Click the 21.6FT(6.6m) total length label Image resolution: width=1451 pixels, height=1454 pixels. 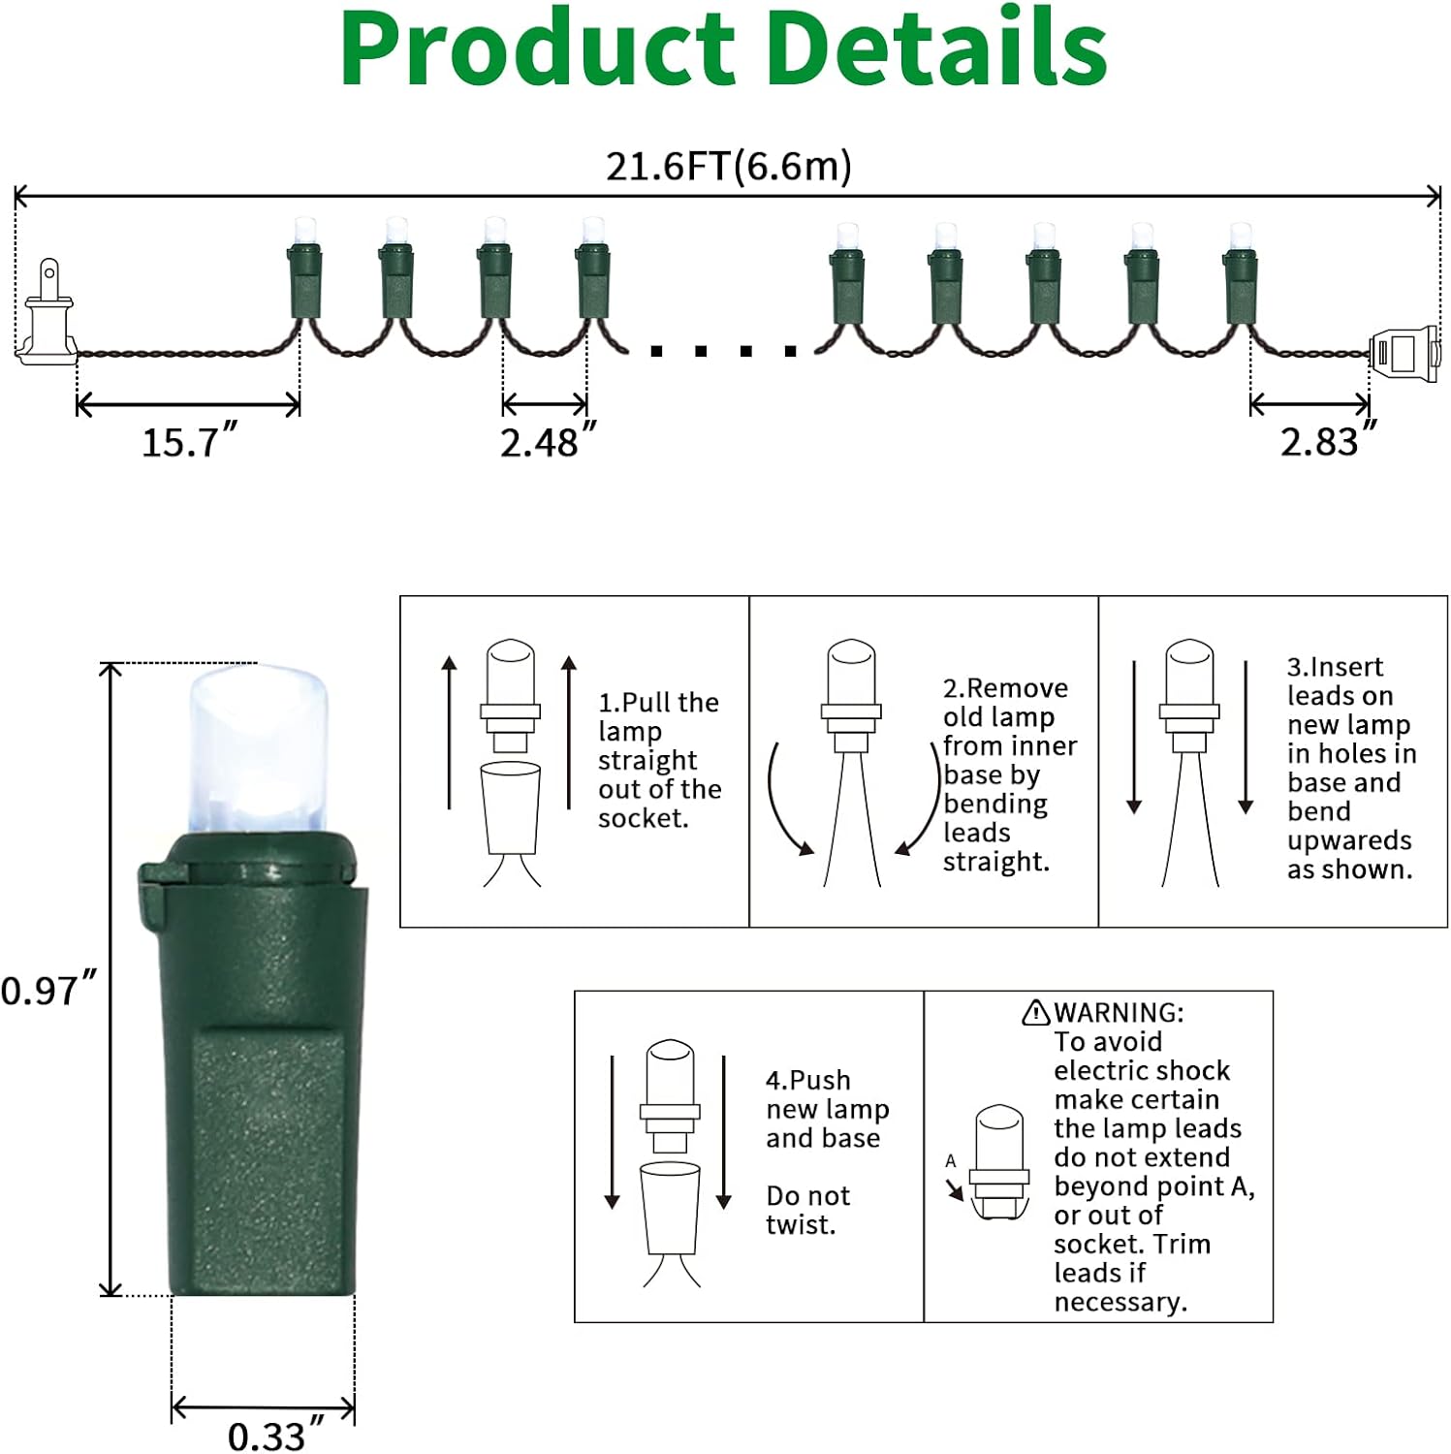pos(728,167)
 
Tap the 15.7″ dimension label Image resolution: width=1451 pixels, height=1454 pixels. pos(189,442)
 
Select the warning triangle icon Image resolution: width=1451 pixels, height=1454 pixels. pos(1036,1013)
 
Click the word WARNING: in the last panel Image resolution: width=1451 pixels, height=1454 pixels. pos(1119,1013)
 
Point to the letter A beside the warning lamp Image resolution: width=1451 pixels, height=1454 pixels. pos(950,1160)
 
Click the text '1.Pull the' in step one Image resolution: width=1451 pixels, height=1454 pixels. pos(658,703)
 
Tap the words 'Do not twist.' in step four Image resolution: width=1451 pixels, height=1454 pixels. pos(807,1210)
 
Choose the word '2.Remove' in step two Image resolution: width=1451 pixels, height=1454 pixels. pos(1005,688)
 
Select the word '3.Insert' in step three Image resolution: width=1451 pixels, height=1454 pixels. pos(1335,667)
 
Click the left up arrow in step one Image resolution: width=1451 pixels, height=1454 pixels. pos(449,732)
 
